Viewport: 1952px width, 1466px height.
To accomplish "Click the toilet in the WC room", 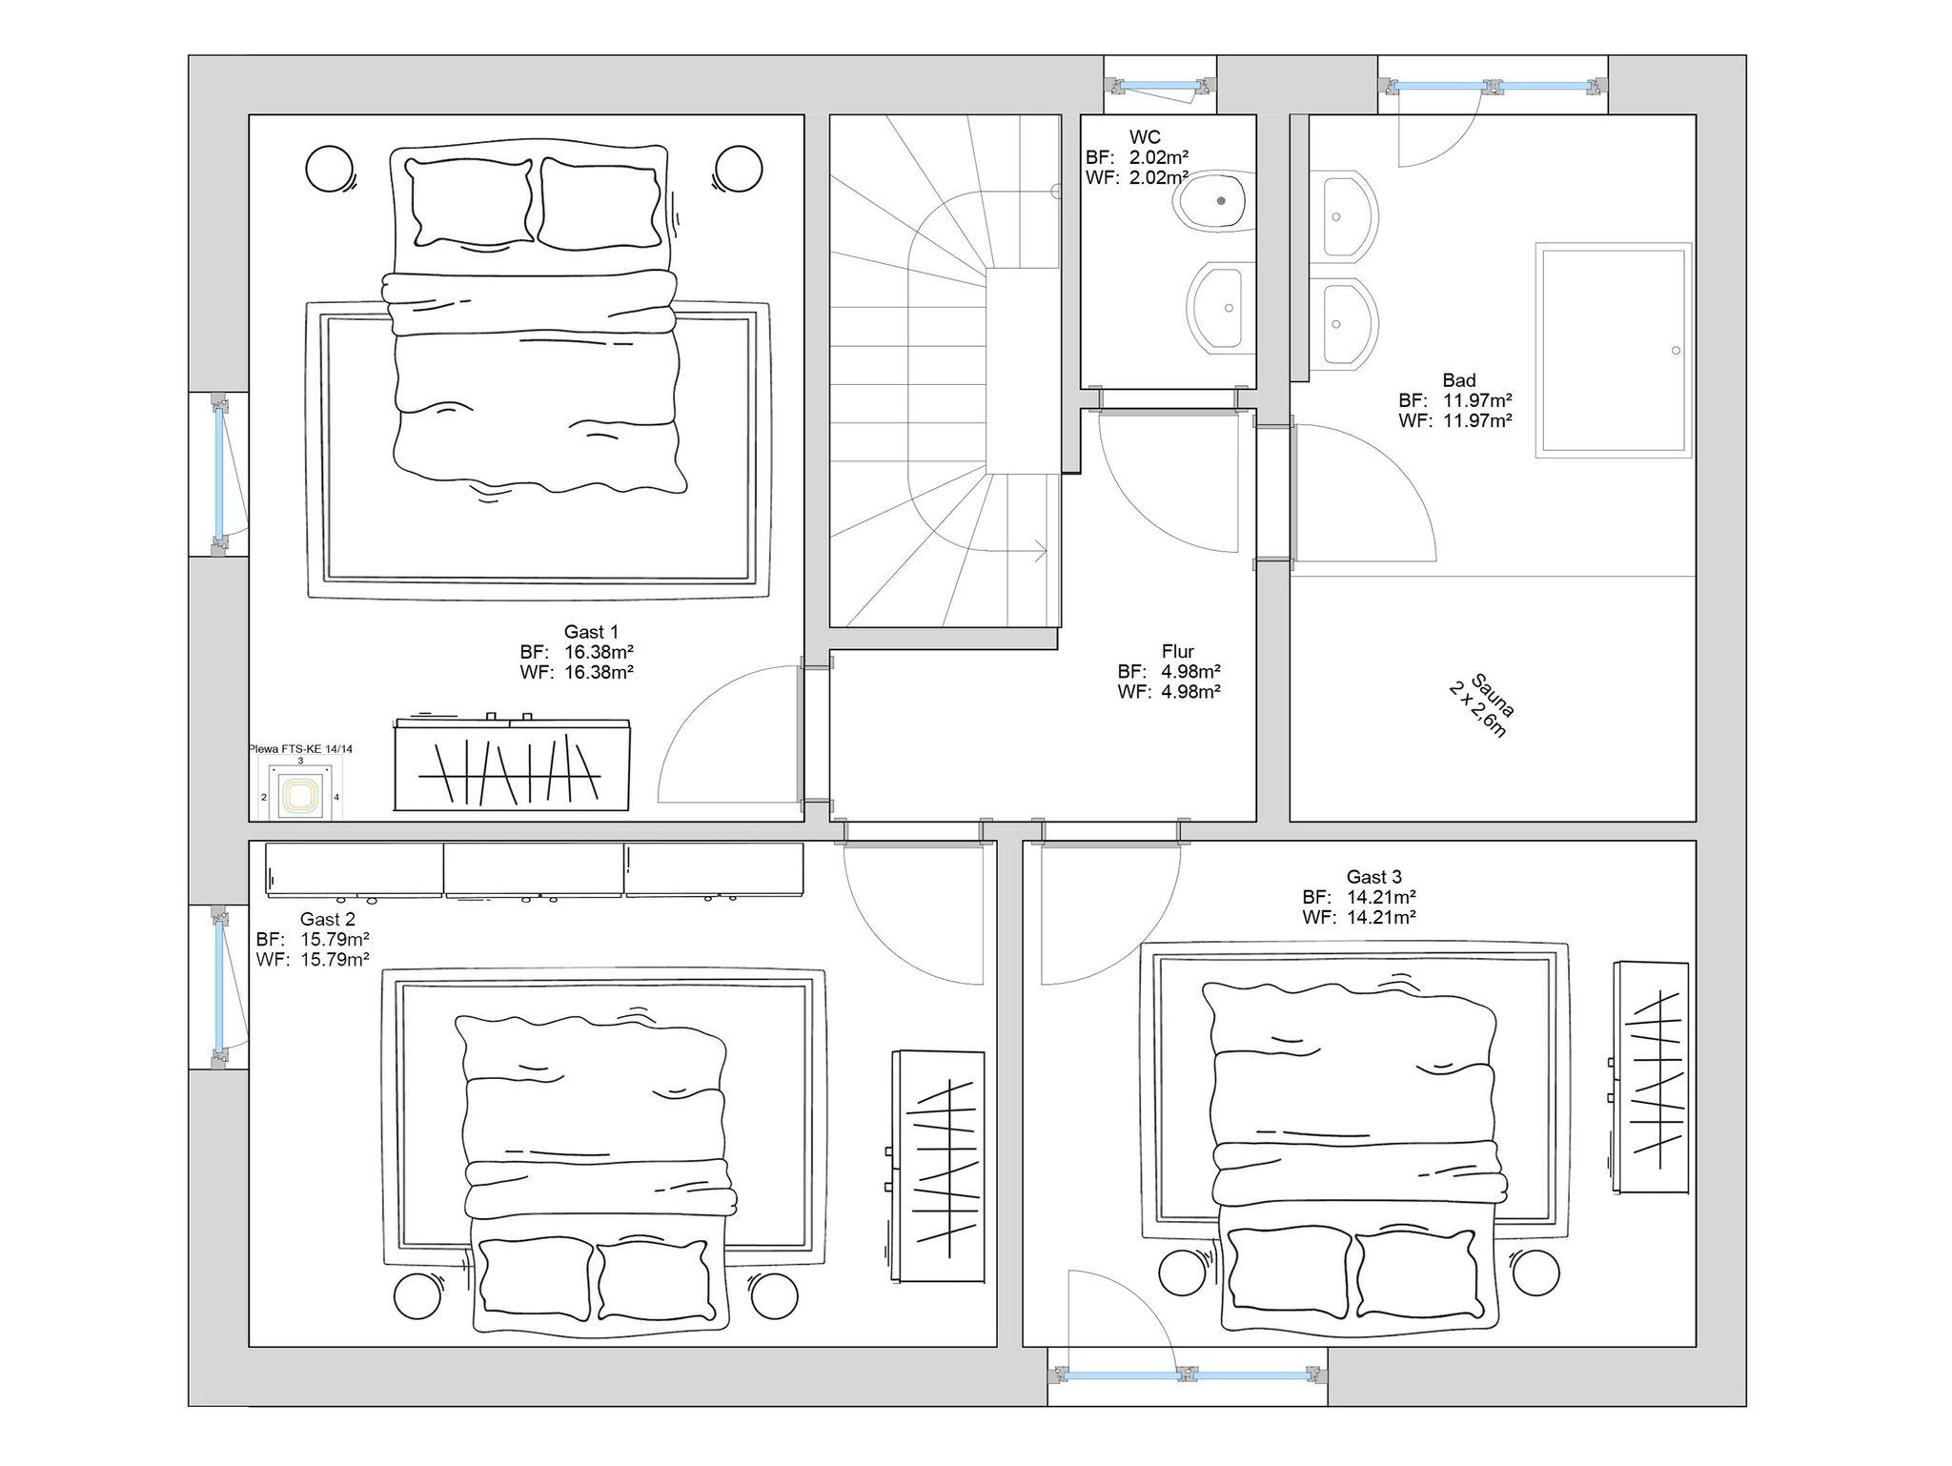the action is (1214, 201).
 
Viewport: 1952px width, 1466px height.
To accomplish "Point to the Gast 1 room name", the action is (591, 632).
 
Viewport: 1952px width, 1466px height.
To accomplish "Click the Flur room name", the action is (1178, 652).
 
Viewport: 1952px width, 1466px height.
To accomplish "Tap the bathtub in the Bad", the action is (1613, 350).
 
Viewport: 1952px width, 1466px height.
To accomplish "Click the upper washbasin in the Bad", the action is (1344, 216).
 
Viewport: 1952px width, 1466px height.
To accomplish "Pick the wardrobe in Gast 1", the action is (512, 764).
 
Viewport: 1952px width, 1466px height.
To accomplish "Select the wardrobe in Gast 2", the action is (936, 1166).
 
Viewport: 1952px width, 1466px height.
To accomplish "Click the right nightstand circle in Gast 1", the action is (738, 169).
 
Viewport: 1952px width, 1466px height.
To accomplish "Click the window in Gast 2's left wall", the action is (219, 987).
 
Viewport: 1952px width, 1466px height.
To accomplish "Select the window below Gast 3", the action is (1188, 1374).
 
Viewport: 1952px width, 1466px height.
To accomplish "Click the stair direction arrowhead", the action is (1041, 551).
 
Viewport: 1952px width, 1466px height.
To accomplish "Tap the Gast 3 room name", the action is (1373, 877).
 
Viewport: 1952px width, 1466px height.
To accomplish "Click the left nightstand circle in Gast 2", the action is (419, 1296).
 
